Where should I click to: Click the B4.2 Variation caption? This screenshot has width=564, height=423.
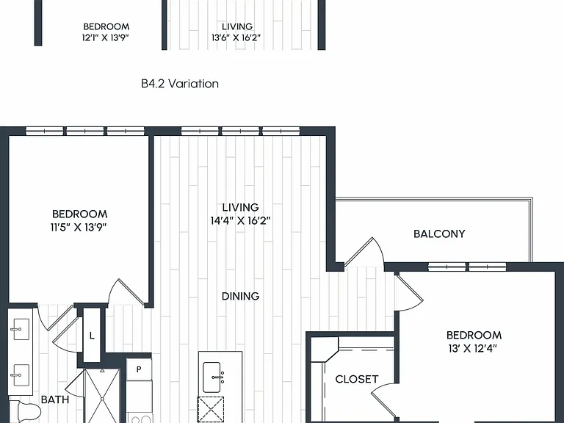click(180, 84)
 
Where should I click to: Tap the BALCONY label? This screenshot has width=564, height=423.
click(439, 234)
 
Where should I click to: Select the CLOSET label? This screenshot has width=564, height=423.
click(356, 379)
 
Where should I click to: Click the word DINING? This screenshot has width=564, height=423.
click(240, 296)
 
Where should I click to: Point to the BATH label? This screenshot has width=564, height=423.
click(55, 399)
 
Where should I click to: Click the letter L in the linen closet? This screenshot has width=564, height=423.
click(92, 336)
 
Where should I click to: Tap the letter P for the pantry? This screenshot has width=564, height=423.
click(139, 369)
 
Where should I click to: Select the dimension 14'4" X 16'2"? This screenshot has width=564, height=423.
click(240, 220)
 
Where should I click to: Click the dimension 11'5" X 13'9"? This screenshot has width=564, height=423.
click(79, 228)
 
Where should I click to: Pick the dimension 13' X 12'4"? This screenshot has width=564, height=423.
click(473, 349)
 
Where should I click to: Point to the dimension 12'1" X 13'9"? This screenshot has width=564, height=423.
click(106, 37)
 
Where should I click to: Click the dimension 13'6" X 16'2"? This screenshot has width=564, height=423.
click(236, 37)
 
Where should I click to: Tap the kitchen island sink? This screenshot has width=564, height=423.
click(211, 377)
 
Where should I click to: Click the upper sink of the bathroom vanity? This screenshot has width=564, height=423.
click(20, 329)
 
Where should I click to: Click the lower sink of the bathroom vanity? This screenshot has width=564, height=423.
click(20, 375)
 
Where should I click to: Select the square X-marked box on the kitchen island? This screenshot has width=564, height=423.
click(211, 409)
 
